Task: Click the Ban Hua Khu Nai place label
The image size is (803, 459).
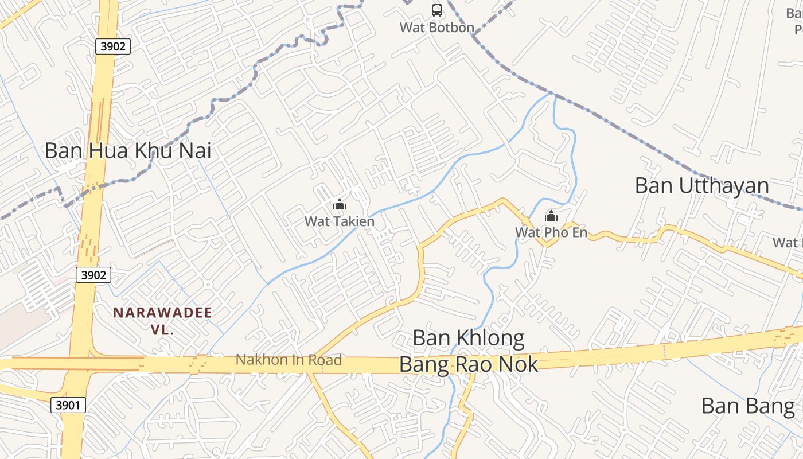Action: click(128, 151)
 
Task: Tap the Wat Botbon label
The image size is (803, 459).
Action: click(437, 27)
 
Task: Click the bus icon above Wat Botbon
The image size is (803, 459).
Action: click(437, 10)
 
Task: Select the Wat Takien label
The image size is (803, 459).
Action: click(340, 221)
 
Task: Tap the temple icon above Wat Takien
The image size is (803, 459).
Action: click(340, 205)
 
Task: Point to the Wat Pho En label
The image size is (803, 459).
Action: click(551, 232)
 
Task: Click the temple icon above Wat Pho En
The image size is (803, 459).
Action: click(551, 216)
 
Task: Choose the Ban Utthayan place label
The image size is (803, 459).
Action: click(702, 186)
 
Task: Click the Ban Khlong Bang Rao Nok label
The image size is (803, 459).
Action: click(469, 351)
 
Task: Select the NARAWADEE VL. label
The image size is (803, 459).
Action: click(162, 321)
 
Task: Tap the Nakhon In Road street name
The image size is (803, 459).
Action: click(289, 360)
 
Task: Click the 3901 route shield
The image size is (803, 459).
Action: click(68, 405)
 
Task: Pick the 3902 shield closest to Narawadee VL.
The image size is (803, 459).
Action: click(93, 275)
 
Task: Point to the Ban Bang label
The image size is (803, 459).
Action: click(748, 406)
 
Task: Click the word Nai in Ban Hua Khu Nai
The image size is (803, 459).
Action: click(194, 151)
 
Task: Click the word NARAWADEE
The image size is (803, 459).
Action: click(162, 313)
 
